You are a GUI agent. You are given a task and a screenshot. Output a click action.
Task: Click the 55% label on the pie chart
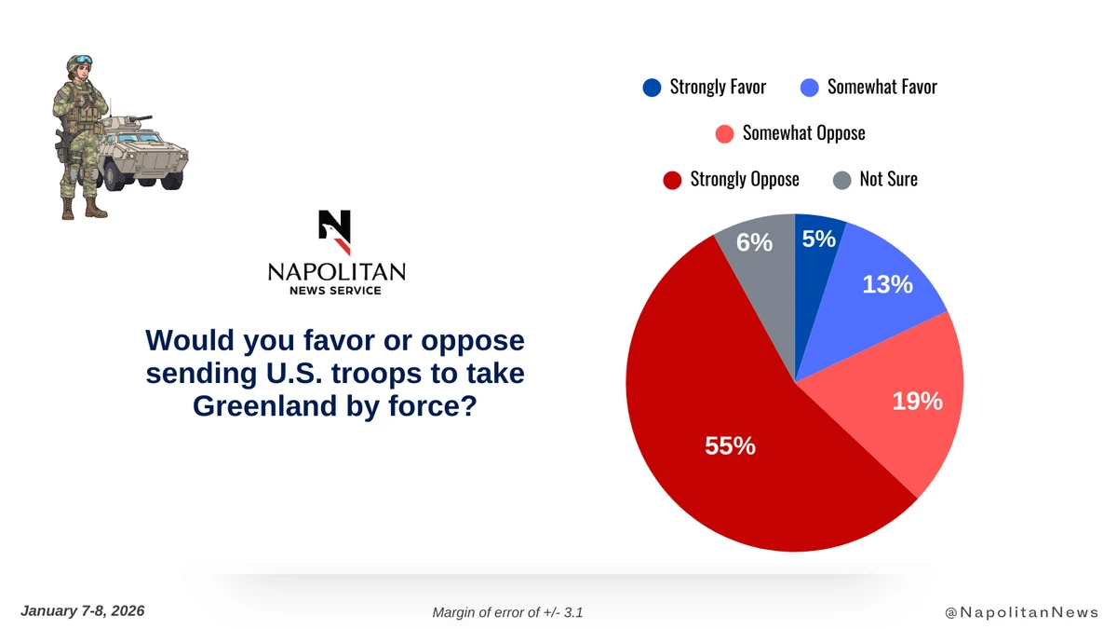[x=730, y=445]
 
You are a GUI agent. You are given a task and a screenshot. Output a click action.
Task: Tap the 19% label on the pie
[x=917, y=402]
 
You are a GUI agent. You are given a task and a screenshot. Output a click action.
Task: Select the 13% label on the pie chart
[x=887, y=284]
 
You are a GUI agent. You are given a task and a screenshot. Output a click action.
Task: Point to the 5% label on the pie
[x=818, y=239]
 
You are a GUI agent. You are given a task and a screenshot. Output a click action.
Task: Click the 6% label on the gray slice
[x=754, y=242]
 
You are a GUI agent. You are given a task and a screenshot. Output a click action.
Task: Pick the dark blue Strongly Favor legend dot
[x=652, y=88]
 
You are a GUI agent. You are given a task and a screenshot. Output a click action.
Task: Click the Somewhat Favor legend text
[x=881, y=88]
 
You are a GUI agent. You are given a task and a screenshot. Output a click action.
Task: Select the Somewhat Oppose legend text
[x=803, y=133]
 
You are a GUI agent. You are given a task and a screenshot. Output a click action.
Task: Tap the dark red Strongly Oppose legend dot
[x=672, y=179]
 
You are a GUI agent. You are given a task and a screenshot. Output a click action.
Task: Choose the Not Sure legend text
[x=888, y=179]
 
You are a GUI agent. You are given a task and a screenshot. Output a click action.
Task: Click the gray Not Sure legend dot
[x=841, y=179]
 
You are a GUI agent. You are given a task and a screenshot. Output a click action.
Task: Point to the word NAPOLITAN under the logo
[x=336, y=271]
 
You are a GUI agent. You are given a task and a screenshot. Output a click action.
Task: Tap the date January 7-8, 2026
[x=82, y=610]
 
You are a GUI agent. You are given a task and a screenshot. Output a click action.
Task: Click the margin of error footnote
[x=507, y=612]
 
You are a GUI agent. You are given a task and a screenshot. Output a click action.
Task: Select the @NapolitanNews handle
[x=1021, y=612]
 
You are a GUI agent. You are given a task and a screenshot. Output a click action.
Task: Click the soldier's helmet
[x=79, y=62]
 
